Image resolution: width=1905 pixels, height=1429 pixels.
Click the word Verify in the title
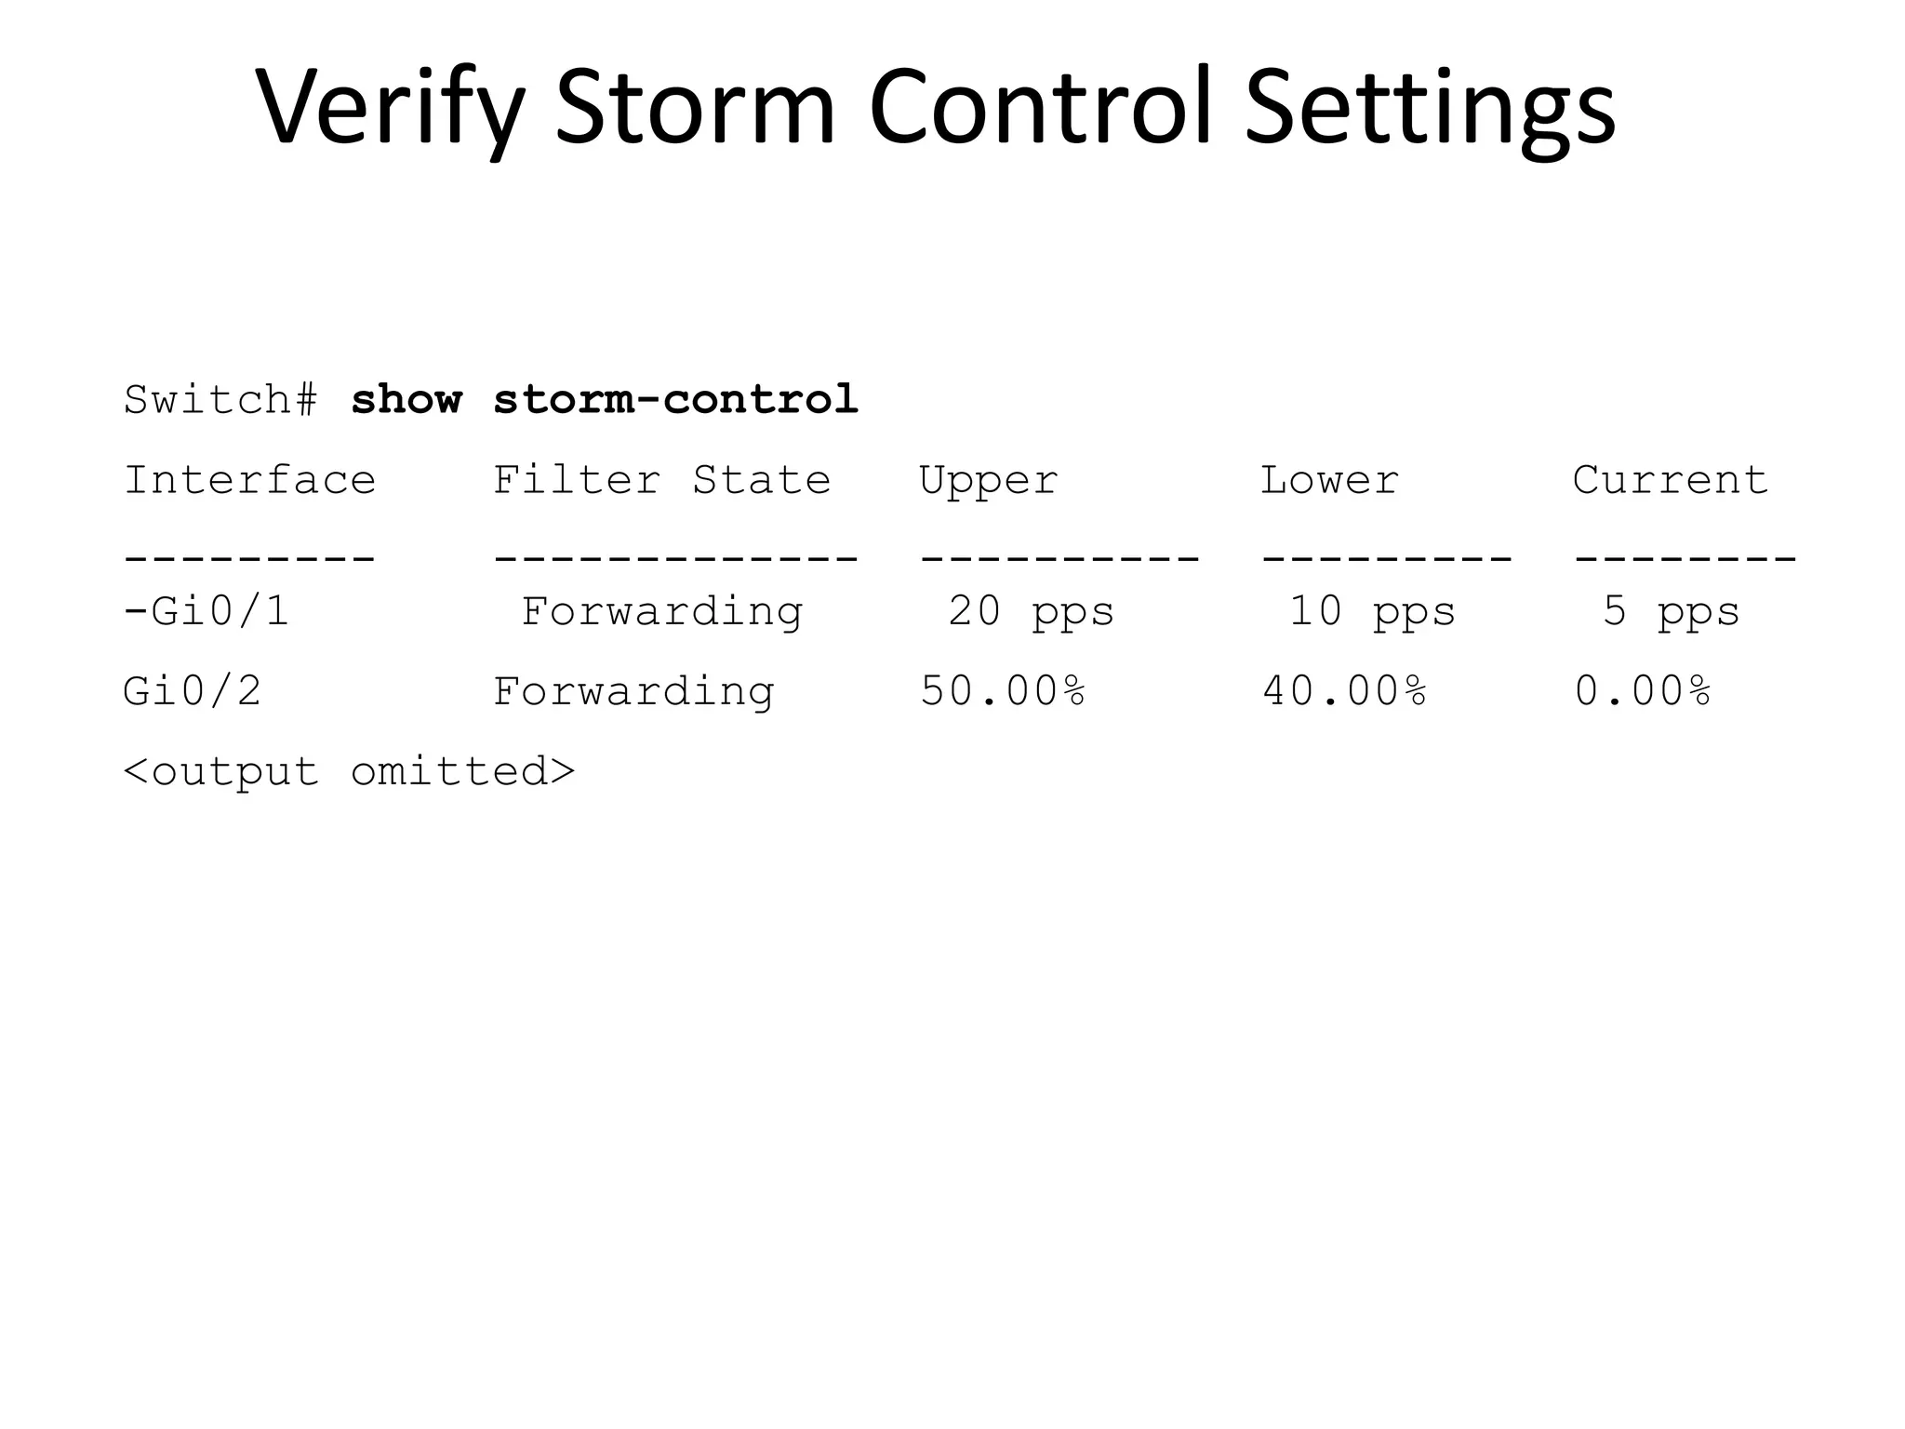390,107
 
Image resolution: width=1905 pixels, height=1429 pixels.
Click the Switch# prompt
221,400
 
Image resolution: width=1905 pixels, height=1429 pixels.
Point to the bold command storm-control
675,400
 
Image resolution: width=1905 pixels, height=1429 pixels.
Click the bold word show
406,400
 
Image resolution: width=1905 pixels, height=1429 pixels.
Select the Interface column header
249,480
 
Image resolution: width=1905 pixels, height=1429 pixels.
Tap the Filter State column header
661,480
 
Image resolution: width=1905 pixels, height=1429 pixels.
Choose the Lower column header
1329,480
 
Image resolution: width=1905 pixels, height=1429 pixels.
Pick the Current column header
1671,480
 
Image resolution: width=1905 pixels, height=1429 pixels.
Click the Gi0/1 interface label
220,611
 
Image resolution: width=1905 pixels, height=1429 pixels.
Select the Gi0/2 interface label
193,691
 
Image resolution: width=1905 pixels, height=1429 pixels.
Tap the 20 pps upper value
1031,612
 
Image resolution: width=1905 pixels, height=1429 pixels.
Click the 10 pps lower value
1372,612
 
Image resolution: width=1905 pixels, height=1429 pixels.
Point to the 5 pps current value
1671,612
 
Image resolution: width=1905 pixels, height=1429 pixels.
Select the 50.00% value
1003,691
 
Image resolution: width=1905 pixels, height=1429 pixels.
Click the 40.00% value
1344,691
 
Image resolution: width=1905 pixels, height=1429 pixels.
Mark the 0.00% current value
1643,691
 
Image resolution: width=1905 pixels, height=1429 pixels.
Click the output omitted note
350,771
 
